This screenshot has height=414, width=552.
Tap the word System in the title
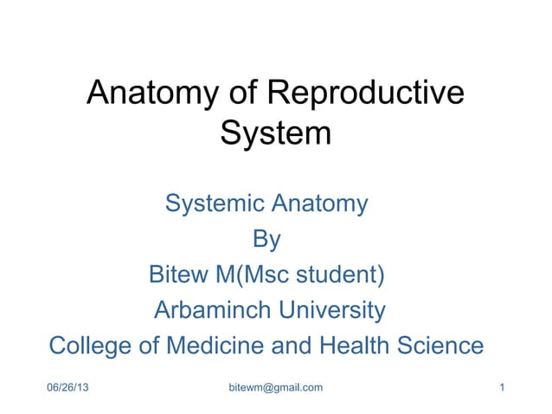coord(276,134)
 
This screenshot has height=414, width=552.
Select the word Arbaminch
coord(207,309)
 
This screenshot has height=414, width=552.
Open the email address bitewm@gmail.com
coord(275,386)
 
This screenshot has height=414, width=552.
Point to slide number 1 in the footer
coord(503,386)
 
